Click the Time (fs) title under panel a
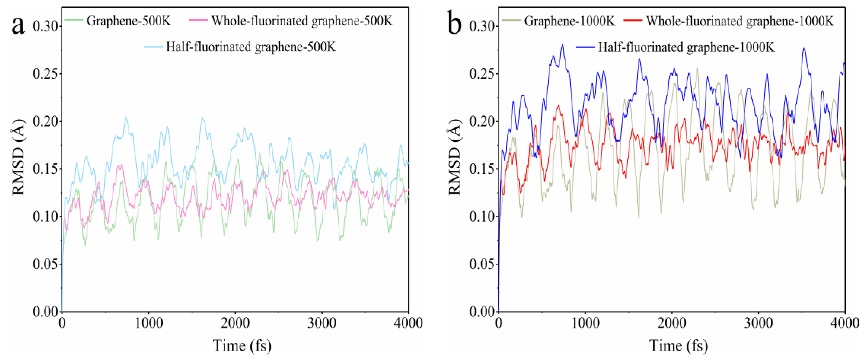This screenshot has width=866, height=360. [242, 346]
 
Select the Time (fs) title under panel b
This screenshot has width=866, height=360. [678, 346]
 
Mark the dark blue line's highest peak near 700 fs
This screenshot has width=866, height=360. [562, 44]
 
